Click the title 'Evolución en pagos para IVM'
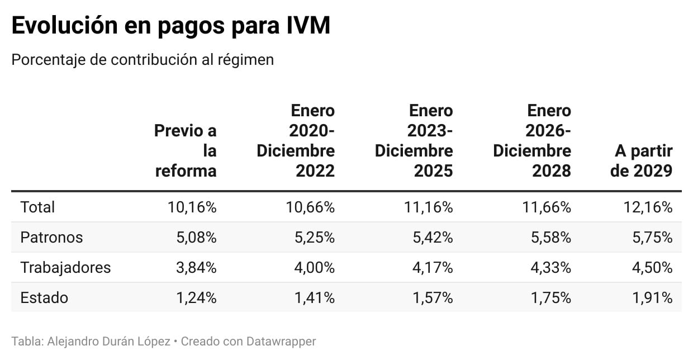(170, 26)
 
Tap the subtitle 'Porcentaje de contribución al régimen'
(143, 60)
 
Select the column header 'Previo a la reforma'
(186, 150)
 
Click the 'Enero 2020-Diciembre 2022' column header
(296, 140)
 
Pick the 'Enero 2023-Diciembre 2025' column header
(414, 140)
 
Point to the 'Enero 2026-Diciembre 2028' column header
(532, 140)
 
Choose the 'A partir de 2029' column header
(642, 160)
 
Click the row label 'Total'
(37, 207)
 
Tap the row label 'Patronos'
(51, 238)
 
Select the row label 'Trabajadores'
(65, 268)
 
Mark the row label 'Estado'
(44, 298)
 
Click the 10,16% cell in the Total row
(192, 207)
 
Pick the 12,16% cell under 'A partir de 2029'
(648, 207)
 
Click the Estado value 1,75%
(550, 298)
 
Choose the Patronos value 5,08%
(195, 238)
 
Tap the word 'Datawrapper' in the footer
(282, 341)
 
